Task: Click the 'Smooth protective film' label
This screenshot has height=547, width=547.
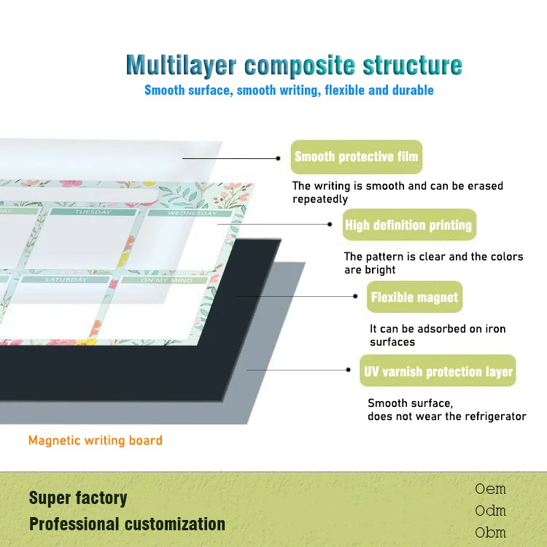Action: pos(357,157)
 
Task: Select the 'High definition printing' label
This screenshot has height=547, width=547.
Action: pos(409,225)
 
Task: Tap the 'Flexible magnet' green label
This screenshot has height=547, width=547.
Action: pos(414,297)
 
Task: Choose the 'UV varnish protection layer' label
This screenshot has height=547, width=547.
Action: pos(438,371)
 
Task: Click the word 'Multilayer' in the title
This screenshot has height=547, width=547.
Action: pos(181,66)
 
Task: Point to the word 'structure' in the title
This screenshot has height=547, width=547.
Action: pos(413,65)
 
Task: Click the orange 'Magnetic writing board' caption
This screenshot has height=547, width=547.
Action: pos(96,441)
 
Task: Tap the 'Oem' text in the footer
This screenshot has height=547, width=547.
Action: pos(490,489)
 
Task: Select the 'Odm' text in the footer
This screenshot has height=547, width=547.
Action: pos(490,511)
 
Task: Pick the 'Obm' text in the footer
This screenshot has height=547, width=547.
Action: pos(490,532)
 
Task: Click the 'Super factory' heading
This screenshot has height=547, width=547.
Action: pos(78,498)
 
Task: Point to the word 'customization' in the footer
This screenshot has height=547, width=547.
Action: pos(175,524)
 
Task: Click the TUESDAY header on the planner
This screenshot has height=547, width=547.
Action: pos(93,212)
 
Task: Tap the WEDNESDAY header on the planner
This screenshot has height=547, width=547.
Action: pos(193,213)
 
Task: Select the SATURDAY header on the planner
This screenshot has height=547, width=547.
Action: pos(66,280)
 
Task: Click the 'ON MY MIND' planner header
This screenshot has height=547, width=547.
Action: pos(166,281)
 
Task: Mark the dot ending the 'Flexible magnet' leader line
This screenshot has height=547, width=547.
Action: pos(355,296)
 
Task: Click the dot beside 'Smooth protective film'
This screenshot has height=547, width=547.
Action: pos(278,158)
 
